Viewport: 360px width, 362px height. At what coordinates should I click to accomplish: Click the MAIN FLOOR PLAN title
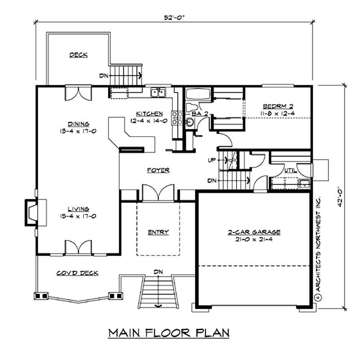click(x=169, y=333)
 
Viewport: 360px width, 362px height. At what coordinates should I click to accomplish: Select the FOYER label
click(x=158, y=170)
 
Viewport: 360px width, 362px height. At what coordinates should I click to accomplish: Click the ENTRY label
click(x=158, y=232)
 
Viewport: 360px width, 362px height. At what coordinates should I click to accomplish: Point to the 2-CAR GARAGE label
click(x=254, y=232)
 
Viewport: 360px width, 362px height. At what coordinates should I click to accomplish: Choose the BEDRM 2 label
click(x=278, y=106)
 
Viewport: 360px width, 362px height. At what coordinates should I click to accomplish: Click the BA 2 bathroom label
click(x=199, y=114)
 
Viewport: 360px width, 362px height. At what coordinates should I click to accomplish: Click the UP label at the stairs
click(x=211, y=160)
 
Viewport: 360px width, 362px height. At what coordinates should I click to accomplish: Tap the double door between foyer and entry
click(x=157, y=192)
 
